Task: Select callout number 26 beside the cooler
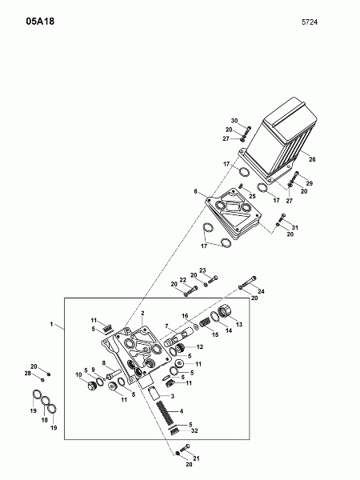[x=312, y=159]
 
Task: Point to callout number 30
[x=235, y=120]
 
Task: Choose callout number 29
[x=310, y=183]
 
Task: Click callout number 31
[x=294, y=229]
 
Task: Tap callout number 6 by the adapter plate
[x=195, y=192]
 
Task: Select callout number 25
[x=251, y=197]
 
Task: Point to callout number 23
[x=202, y=270]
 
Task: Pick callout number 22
[x=182, y=279]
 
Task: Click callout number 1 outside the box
[x=51, y=325]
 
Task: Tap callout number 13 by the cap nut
[x=238, y=325]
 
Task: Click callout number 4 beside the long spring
[x=181, y=411]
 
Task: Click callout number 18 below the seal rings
[x=44, y=419]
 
